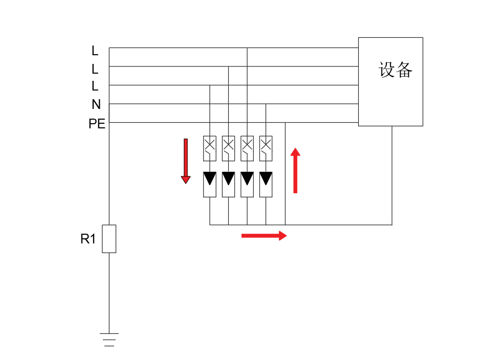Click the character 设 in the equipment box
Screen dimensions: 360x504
[x=387, y=70]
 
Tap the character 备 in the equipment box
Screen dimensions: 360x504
[x=404, y=70]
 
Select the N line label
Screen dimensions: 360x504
[x=96, y=105]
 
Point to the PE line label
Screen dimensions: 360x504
[x=97, y=124]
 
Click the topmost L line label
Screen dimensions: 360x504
[x=95, y=51]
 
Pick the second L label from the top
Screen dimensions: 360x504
[x=95, y=69]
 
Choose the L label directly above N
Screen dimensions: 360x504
[x=95, y=86]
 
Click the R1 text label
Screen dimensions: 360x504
[x=88, y=239]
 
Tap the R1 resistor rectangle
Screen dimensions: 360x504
[x=109, y=239]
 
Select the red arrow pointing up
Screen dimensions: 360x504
[x=295, y=170]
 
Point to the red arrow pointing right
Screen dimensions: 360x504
[x=264, y=235]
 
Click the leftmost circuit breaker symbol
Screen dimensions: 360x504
[x=210, y=145]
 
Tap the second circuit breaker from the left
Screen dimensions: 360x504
[x=228, y=145]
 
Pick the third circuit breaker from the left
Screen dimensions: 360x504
[x=247, y=145]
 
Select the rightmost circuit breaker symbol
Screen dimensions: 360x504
[x=266, y=145]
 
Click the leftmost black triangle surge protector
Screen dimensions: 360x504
[x=210, y=178]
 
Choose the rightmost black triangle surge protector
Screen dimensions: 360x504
[x=266, y=178]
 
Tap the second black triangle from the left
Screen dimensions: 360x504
[x=228, y=178]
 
